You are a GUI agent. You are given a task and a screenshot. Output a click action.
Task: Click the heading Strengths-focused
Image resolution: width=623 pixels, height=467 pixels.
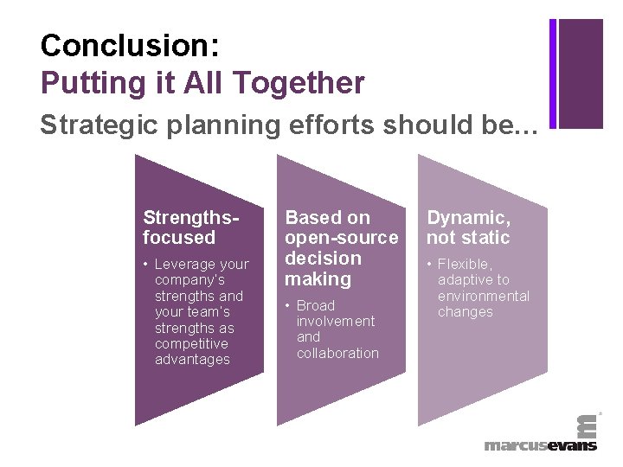[x=179, y=227]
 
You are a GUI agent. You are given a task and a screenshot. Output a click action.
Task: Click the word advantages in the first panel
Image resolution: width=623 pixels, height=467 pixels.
[x=192, y=359]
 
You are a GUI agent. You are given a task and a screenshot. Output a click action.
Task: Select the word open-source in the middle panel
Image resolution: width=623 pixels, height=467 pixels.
[x=342, y=238]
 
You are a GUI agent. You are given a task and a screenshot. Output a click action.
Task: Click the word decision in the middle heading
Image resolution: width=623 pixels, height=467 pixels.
[x=323, y=259]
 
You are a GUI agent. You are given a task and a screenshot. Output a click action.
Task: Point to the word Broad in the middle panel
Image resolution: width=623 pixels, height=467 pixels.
[x=315, y=305]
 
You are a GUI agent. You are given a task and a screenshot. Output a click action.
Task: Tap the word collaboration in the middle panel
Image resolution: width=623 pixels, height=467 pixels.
[x=337, y=353]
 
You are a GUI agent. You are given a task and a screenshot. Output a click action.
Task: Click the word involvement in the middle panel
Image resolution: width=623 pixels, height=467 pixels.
[x=336, y=321]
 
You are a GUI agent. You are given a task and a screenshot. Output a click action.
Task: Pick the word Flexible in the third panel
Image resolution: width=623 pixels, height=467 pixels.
[x=465, y=264]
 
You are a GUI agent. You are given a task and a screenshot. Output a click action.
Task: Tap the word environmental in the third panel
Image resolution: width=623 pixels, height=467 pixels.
[x=483, y=296]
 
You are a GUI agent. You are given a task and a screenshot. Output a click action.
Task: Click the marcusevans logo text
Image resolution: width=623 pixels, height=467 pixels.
[x=540, y=445]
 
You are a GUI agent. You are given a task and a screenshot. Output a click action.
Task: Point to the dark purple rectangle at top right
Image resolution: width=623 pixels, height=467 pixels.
[x=581, y=73]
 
